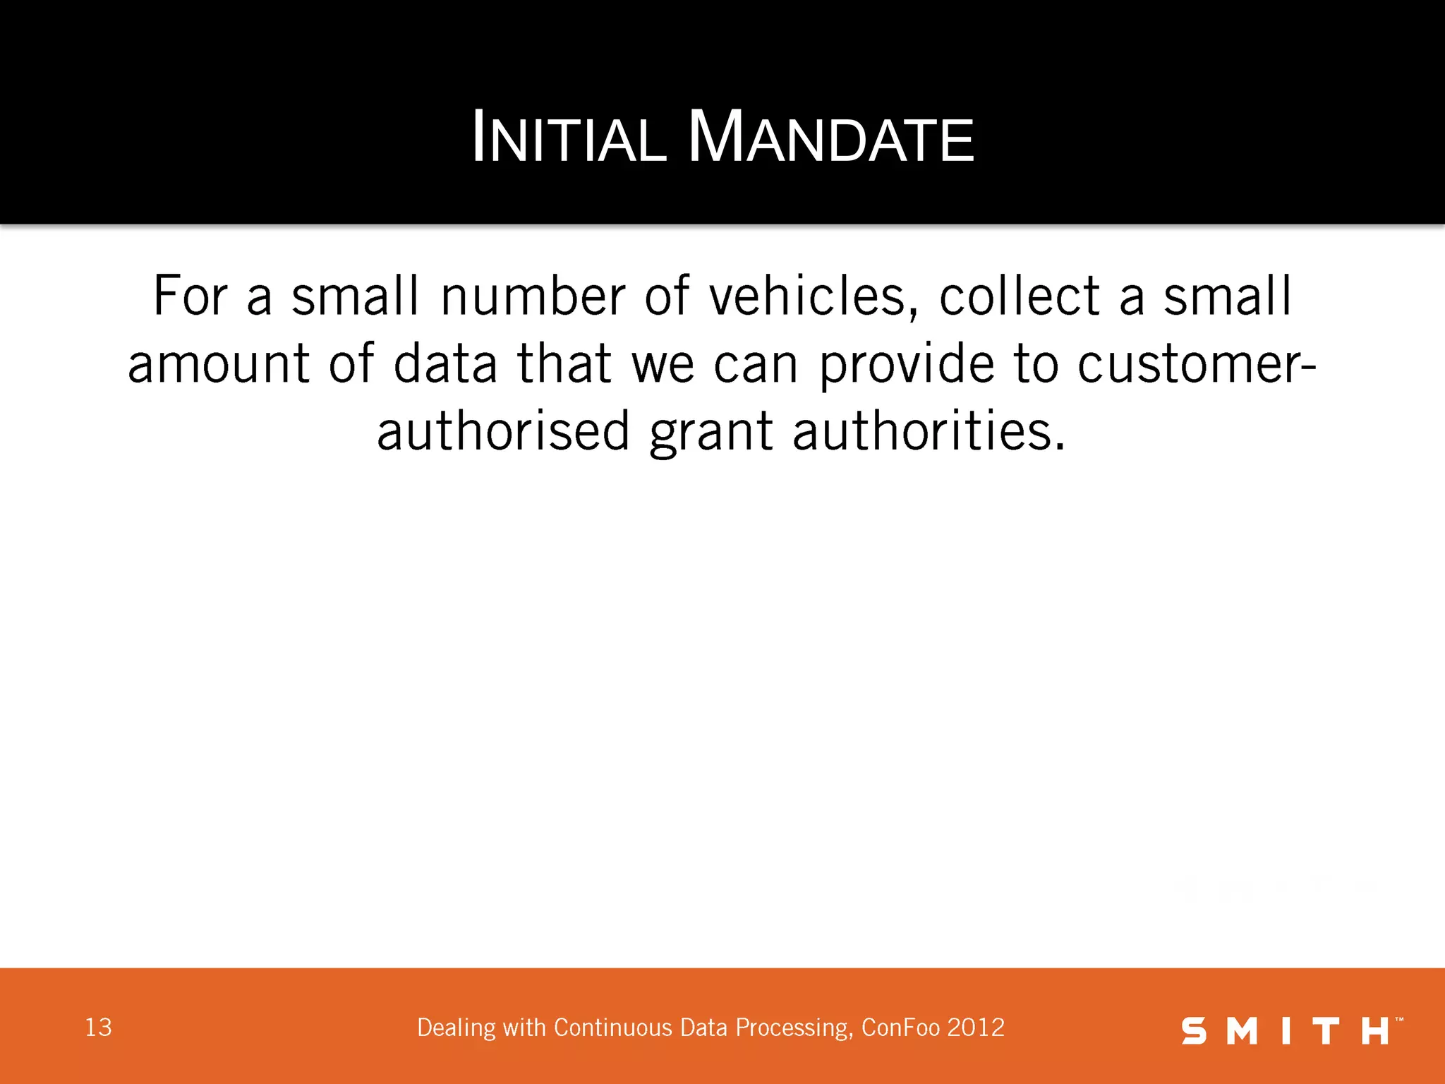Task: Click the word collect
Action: coord(1019,296)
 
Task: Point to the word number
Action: coord(533,296)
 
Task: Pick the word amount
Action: coord(218,364)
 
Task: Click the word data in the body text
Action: coord(445,364)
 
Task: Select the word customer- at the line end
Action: coord(1197,364)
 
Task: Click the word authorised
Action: coord(503,431)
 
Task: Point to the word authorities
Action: coord(929,431)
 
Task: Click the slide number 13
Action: coord(98,1028)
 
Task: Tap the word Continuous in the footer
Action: coord(613,1028)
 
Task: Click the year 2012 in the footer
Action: coord(976,1028)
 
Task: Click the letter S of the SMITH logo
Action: coord(1194,1031)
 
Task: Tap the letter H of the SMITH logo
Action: coord(1374,1031)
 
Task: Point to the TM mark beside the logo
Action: coord(1398,1020)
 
